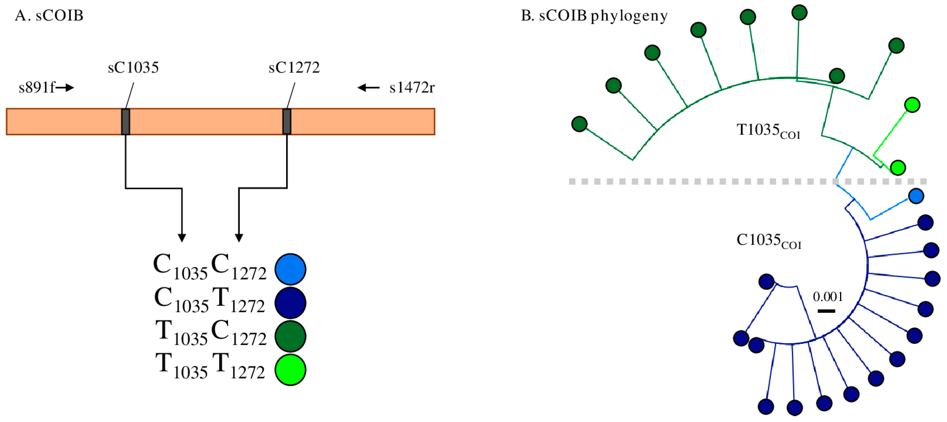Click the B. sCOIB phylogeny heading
pyautogui.click(x=594, y=16)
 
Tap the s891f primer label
pyautogui.click(x=36, y=88)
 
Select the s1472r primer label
pyautogui.click(x=412, y=88)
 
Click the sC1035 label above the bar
pyautogui.click(x=133, y=68)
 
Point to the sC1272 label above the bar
pyautogui.click(x=294, y=68)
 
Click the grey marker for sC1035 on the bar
pyautogui.click(x=125, y=122)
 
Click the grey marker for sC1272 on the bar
pyautogui.click(x=287, y=122)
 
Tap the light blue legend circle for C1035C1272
pyautogui.click(x=290, y=269)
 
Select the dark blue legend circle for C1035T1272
pyautogui.click(x=290, y=303)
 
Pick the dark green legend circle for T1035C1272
pyautogui.click(x=290, y=336)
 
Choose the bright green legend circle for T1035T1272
pyautogui.click(x=290, y=369)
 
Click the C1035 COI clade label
pyautogui.click(x=768, y=241)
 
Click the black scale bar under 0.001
pyautogui.click(x=827, y=311)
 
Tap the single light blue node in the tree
pyautogui.click(x=916, y=196)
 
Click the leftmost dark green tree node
pyautogui.click(x=579, y=124)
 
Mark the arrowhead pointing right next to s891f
pyautogui.click(x=70, y=88)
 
